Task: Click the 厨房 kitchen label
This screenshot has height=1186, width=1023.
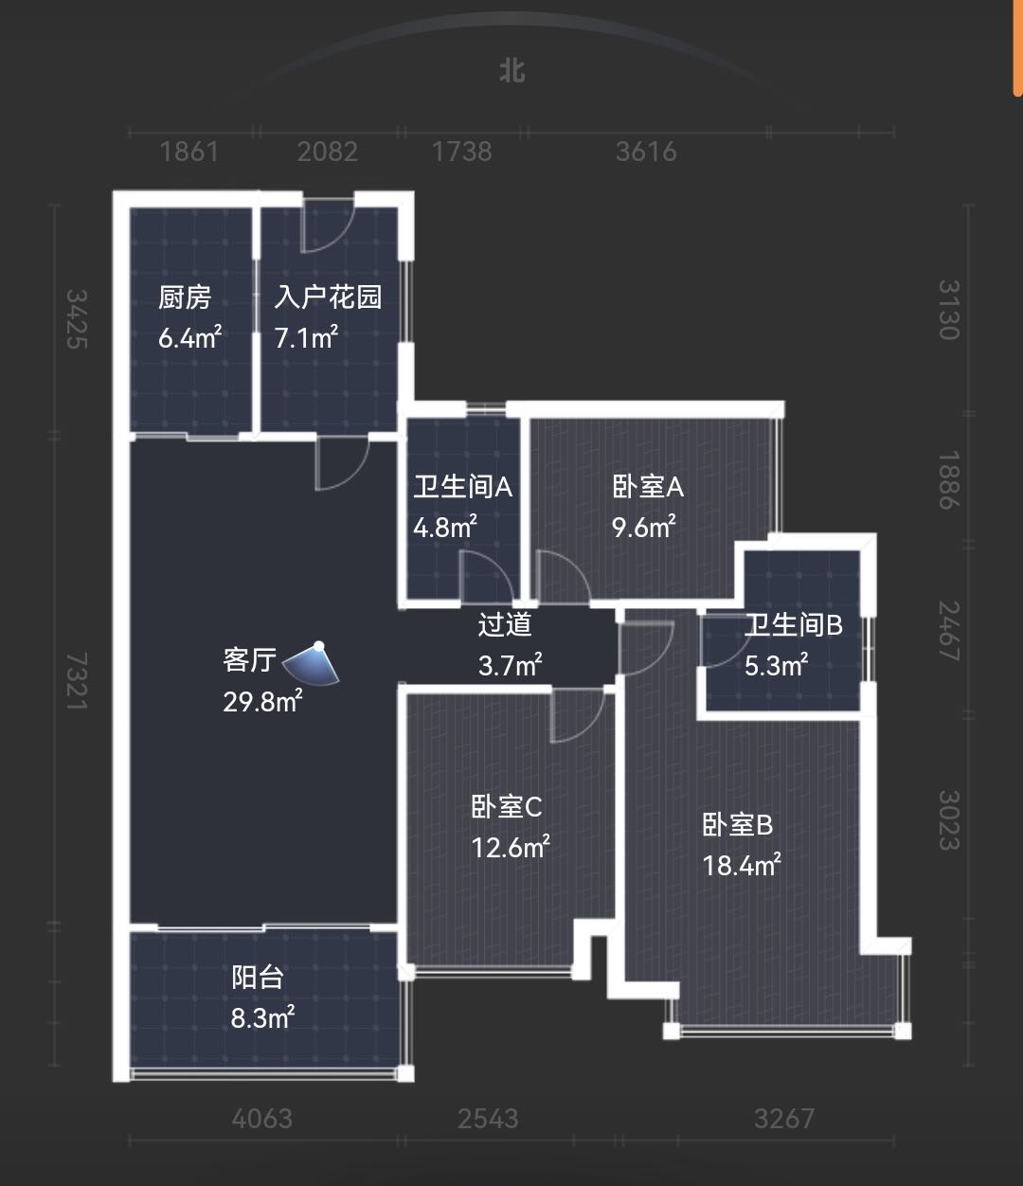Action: pos(185,297)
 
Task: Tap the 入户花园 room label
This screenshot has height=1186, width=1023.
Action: pos(328,297)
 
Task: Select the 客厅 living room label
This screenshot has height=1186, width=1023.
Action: pos(249,659)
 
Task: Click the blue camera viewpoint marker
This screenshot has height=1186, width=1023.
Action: pos(315,661)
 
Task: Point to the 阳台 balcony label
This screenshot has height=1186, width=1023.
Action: pos(258,977)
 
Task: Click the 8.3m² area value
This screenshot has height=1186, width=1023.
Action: pos(262,1018)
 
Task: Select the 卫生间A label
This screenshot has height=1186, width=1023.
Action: pos(462,487)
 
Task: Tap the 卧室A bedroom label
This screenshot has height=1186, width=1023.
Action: pos(648,487)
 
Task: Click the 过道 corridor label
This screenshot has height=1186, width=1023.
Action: pos(505,624)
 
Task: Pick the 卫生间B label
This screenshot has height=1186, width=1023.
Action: pos(793,625)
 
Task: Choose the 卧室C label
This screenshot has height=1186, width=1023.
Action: pos(507,807)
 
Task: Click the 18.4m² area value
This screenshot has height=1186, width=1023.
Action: pos(741,865)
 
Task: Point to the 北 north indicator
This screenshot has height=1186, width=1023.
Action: pos(512,71)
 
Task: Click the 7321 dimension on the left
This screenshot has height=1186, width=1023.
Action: pos(78,682)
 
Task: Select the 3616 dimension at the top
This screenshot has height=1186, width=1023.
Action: pos(646,152)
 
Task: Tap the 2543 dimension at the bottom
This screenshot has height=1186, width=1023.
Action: pos(488,1119)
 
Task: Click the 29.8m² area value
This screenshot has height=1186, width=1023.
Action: pos(262,701)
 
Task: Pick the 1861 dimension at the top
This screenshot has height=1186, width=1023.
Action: pos(189,152)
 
